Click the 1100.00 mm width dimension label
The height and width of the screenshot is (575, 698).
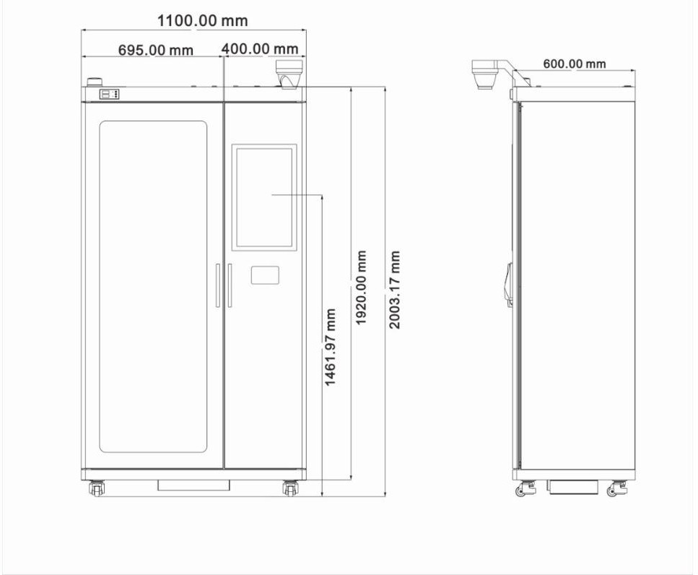point(203,20)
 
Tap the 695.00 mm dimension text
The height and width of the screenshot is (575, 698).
point(156,50)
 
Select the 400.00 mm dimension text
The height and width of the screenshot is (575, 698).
point(260,48)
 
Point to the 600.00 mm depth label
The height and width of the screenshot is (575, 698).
point(575,64)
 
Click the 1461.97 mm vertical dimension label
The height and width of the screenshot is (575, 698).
point(330,347)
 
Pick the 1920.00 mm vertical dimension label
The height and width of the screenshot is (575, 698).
point(361,287)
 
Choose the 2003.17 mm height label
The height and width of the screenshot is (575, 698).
point(394,290)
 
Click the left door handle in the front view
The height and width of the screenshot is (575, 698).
point(218,285)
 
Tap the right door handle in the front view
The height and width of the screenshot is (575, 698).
point(230,285)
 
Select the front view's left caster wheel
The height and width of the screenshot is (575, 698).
point(97,488)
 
